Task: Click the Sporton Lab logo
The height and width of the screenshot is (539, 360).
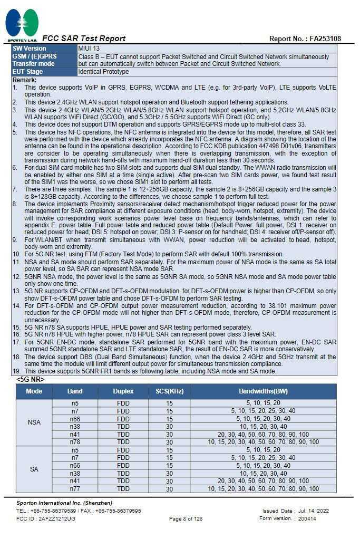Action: click(22, 24)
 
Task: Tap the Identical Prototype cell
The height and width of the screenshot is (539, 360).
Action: click(103, 72)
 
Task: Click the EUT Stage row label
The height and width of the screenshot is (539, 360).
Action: click(28, 72)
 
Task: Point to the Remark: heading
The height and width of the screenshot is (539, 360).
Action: click(24, 80)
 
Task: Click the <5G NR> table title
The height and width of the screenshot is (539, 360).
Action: click(30, 379)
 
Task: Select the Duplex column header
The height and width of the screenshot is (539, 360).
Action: click(123, 391)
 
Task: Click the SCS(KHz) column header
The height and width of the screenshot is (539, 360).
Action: click(169, 391)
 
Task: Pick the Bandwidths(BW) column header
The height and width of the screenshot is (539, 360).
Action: click(263, 391)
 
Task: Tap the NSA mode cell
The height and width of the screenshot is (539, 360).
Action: click(34, 422)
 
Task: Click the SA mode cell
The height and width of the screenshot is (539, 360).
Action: click(34, 469)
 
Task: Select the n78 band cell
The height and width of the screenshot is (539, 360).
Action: click(75, 442)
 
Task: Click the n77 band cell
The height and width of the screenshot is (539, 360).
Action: click(75, 489)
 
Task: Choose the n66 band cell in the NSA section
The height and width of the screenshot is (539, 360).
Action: click(75, 419)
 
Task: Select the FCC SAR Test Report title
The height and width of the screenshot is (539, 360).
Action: click(84, 38)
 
